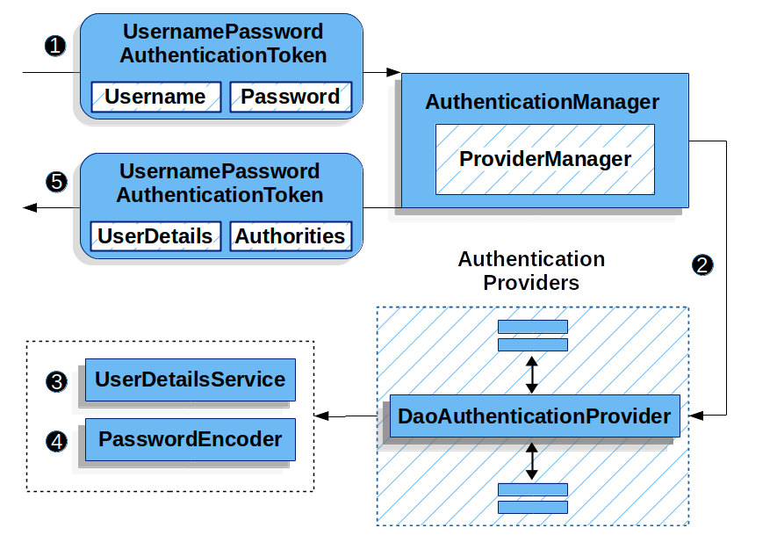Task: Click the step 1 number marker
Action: [x=55, y=46]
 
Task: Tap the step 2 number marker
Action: [x=703, y=265]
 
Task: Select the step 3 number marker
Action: [x=57, y=381]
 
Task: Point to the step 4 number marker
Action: [x=57, y=441]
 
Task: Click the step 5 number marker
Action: [x=55, y=182]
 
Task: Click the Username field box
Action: [x=155, y=97]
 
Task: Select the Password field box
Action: [x=291, y=97]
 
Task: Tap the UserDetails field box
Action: [x=155, y=236]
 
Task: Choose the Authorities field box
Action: [x=291, y=236]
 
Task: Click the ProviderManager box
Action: [x=544, y=159]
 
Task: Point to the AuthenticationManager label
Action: [x=542, y=102]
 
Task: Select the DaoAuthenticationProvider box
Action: [x=534, y=416]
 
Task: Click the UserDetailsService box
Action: [x=190, y=380]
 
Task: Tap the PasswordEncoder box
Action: [x=190, y=439]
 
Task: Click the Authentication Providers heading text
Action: [x=531, y=271]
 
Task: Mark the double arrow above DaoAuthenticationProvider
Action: [x=531, y=374]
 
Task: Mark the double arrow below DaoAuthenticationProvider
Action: [x=531, y=460]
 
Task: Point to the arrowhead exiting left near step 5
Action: [x=30, y=207]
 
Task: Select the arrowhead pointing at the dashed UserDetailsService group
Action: [x=321, y=416]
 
